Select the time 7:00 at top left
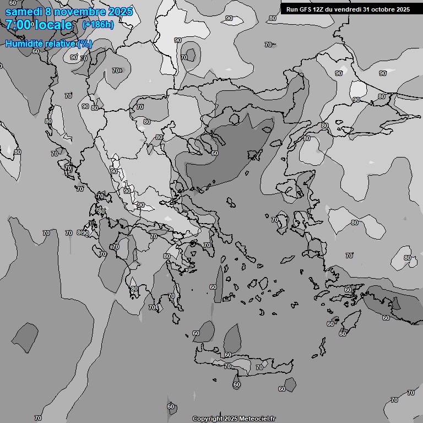[18, 25]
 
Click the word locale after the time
[53, 25]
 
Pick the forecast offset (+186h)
[97, 25]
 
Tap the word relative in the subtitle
[61, 44]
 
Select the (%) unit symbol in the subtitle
[85, 44]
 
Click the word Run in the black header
[292, 9]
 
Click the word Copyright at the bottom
[207, 419]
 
